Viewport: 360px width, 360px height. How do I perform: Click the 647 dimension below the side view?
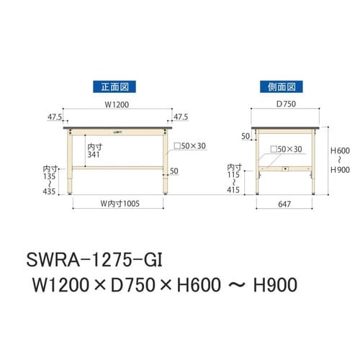click(284, 204)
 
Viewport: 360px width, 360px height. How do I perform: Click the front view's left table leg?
click(71, 162)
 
